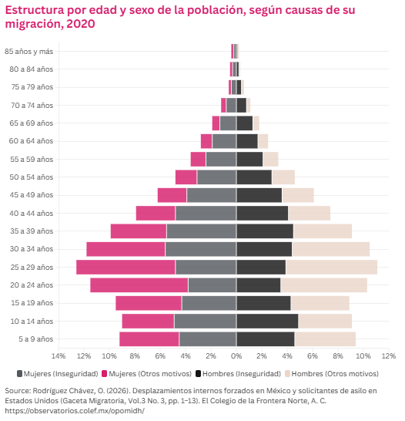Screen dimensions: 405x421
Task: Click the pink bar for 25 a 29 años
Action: click(126, 267)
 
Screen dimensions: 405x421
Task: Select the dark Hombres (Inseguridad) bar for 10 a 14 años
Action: click(267, 321)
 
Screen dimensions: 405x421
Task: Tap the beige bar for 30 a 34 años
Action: click(331, 249)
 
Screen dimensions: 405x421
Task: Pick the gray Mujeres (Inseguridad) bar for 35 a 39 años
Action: click(201, 231)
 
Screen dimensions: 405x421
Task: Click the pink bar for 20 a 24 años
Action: click(139, 285)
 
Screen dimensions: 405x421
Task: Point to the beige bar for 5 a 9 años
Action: click(325, 339)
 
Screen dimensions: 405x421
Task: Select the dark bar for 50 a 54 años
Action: click(254, 177)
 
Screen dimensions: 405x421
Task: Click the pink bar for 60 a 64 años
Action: click(206, 141)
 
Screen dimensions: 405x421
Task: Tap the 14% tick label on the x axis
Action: click(59, 356)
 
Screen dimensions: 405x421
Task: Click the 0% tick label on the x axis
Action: click(236, 356)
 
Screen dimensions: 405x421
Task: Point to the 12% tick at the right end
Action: click(389, 356)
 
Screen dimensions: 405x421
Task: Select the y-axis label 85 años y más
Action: click(29, 52)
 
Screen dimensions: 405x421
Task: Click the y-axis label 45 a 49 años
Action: click(32, 195)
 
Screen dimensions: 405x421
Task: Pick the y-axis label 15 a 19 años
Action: click(32, 303)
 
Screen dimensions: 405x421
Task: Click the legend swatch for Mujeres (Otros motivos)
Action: click(105, 374)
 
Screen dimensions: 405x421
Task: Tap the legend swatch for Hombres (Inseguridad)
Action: click(199, 374)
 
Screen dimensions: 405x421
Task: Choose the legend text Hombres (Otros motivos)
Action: click(335, 374)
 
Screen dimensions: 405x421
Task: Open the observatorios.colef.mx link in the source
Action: click(75, 411)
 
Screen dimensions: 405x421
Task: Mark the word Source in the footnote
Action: click(17, 391)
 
